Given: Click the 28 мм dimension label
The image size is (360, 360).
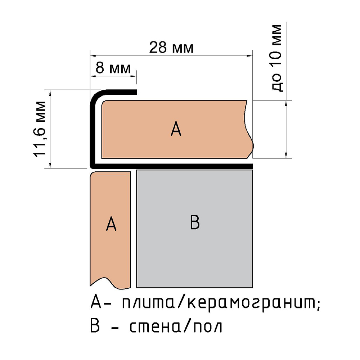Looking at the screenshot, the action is click(171, 48).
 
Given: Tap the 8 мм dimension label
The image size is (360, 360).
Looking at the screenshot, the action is click(113, 68).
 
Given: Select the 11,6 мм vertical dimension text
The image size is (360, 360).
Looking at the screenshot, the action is click(40, 129).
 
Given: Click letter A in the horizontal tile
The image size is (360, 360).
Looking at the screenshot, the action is click(176, 129).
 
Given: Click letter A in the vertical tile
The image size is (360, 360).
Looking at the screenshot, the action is click(111, 224).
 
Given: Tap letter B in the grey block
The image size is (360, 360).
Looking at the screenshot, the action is click(195, 222).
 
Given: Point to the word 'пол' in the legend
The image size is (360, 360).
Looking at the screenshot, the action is click(208, 327).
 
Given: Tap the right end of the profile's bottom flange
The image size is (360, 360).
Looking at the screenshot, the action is click(252, 166).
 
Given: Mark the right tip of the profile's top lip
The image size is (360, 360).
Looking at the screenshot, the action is click(136, 92).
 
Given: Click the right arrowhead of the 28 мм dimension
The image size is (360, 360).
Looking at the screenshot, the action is click(250, 55).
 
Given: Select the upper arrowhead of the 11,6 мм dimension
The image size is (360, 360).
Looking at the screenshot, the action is click(50, 93).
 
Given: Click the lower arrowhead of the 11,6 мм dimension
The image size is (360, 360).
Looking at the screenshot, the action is click(50, 166).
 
